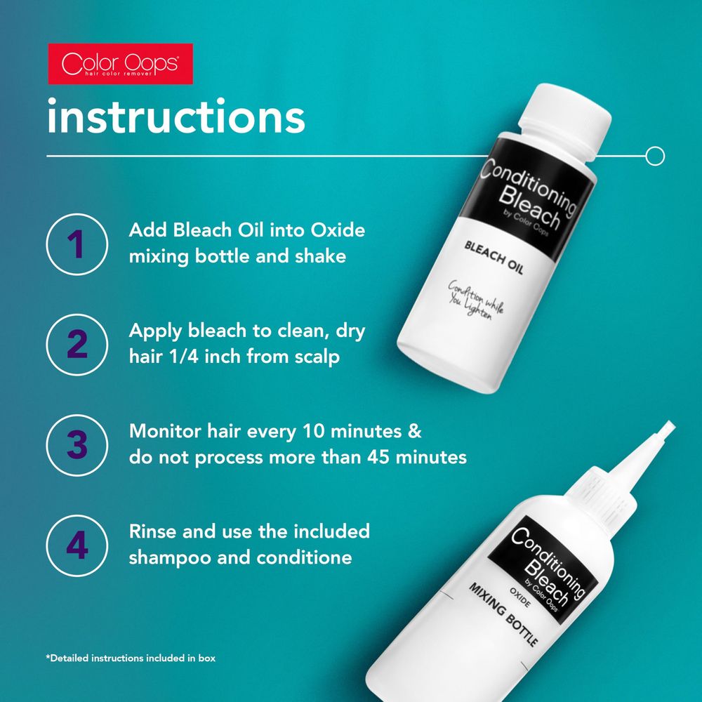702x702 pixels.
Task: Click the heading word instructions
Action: [x=175, y=117]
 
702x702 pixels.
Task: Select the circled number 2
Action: [x=76, y=344]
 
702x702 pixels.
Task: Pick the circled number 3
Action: [x=76, y=444]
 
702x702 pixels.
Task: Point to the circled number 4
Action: [x=76, y=545]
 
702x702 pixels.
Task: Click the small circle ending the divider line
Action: [x=654, y=155]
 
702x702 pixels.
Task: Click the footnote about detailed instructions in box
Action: [x=131, y=658]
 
